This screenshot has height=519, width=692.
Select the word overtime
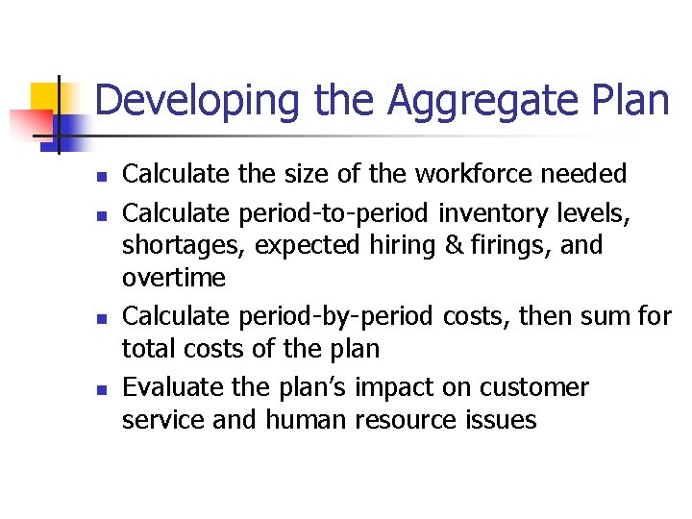coord(174,279)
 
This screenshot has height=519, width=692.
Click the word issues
coord(498,420)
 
